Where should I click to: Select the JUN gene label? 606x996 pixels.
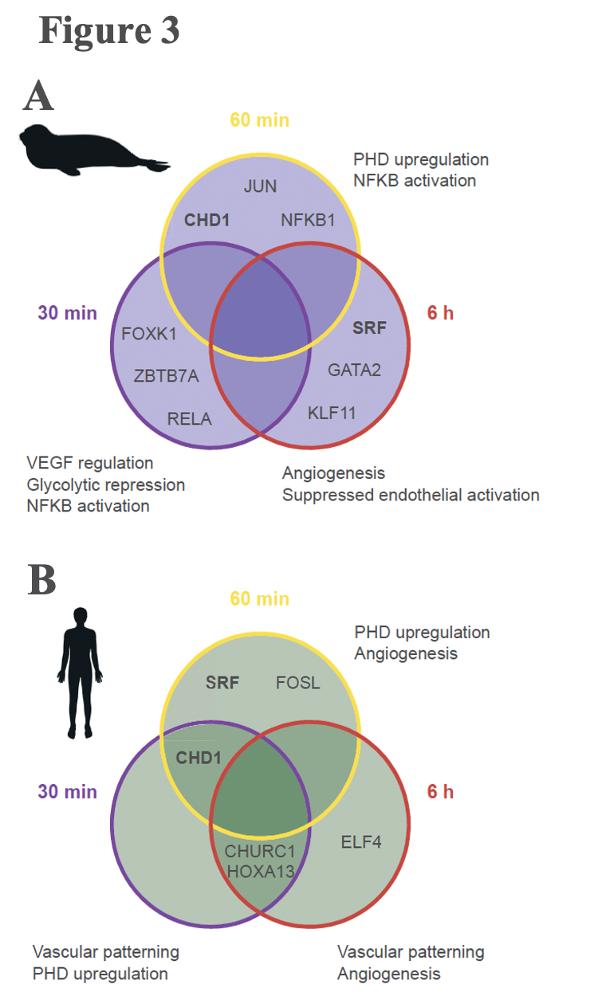pos(260,186)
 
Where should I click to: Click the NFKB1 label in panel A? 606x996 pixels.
pos(308,221)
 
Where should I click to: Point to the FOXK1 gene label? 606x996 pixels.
pos(149,334)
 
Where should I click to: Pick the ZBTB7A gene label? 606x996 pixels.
pos(167,376)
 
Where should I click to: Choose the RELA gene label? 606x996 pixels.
pos(189,418)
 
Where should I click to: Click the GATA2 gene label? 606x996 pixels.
pos(355,370)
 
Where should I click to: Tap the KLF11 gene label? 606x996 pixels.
pos(332,413)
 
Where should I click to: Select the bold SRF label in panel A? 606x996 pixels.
pos(369,327)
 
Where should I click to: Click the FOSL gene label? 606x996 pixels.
pos(297,683)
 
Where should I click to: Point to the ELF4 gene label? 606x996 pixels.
pos(361,841)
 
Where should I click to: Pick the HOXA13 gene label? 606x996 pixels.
pos(261,872)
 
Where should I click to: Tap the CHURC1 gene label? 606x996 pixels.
pos(261,851)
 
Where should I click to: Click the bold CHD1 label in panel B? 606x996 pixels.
pos(199,758)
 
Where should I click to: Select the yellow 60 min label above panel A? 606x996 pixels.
pos(259,120)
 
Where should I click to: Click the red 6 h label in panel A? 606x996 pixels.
pos(440,313)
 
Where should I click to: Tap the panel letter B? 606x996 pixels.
pos(41,581)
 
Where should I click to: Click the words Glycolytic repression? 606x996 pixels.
pos(105,484)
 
